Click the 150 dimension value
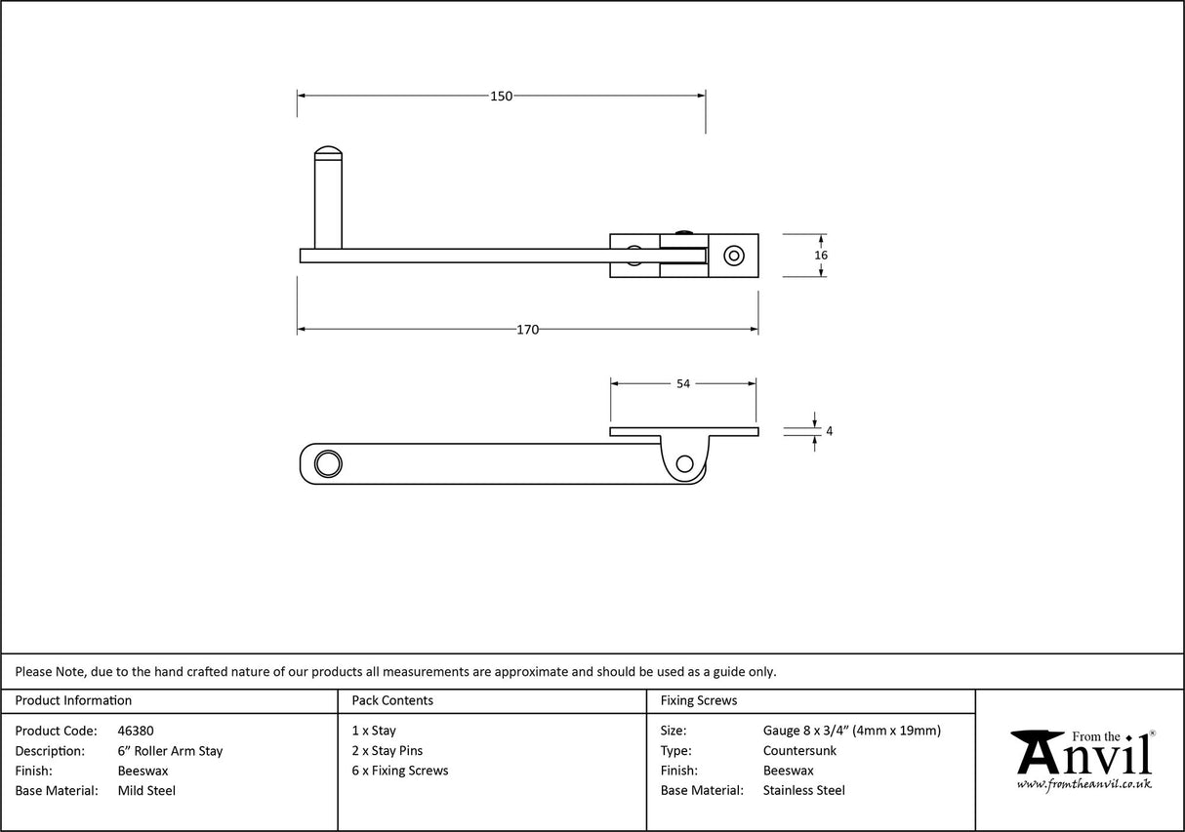click(501, 96)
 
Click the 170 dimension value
click(527, 330)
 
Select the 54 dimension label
click(682, 384)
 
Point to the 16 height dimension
click(821, 256)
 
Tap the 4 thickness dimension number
click(829, 431)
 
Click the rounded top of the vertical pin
click(328, 153)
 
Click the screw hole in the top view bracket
click(732, 256)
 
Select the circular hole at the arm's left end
click(328, 463)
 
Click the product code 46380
click(135, 731)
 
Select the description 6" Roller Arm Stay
click(170, 751)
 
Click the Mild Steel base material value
click(146, 791)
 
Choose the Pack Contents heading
click(392, 700)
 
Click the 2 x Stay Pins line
click(388, 751)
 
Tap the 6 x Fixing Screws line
click(400, 771)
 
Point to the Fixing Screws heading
click(699, 700)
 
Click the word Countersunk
click(799, 751)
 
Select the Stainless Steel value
click(803, 791)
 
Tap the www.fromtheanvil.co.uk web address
click(1083, 784)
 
